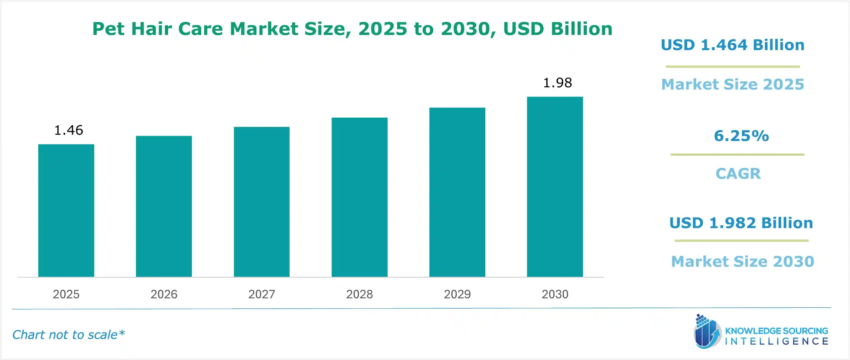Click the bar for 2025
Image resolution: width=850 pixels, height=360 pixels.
click(x=66, y=210)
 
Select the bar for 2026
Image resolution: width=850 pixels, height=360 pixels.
click(x=164, y=206)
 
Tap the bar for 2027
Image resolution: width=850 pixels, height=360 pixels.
click(x=261, y=202)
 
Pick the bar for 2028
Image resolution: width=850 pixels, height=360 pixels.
click(x=359, y=197)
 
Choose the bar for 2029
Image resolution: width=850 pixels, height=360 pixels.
click(x=457, y=192)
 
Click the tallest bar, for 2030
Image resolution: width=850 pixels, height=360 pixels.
click(x=555, y=187)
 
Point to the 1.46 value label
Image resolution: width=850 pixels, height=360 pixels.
click(x=69, y=130)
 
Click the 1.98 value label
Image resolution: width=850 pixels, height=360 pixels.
click(x=558, y=83)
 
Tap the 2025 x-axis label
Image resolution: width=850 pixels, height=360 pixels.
click(x=66, y=294)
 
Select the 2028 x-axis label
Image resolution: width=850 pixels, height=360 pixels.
click(x=359, y=294)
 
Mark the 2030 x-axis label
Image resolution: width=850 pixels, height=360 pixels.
click(x=555, y=294)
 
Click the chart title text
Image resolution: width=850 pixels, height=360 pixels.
click(x=352, y=29)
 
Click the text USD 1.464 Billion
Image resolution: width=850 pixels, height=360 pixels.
click(x=733, y=45)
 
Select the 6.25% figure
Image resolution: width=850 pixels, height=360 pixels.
click(x=741, y=136)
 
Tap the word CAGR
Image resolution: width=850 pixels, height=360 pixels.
click(x=738, y=174)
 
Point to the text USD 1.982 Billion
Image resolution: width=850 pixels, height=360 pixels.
click(x=741, y=223)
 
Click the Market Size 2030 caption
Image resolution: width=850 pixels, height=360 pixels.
click(x=743, y=261)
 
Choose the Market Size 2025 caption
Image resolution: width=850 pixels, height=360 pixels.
click(x=733, y=84)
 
